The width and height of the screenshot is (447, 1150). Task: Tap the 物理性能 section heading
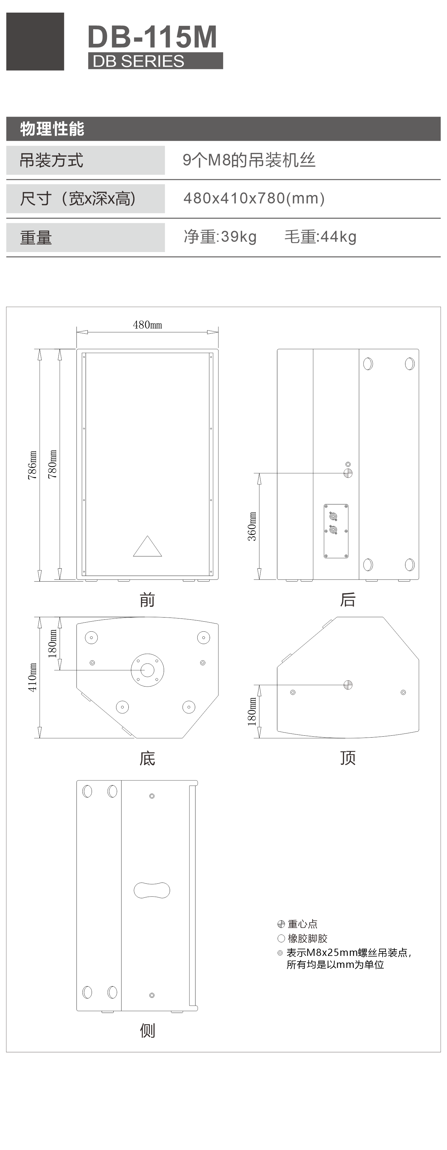[52, 129]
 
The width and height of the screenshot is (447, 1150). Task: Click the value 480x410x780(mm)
[254, 198]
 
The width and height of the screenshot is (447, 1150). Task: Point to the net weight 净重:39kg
[220, 237]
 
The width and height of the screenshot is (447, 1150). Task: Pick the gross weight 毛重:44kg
[321, 237]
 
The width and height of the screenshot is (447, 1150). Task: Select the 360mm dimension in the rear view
[252, 526]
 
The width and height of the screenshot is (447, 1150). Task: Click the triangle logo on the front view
[147, 546]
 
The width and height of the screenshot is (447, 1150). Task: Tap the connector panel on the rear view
[336, 531]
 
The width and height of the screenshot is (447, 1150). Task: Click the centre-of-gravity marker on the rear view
[348, 473]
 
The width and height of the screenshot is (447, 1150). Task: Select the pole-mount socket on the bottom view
[147, 670]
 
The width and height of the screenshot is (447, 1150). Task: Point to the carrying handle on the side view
[152, 890]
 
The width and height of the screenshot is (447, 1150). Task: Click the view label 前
[147, 600]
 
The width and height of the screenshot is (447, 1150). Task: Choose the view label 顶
[348, 758]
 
